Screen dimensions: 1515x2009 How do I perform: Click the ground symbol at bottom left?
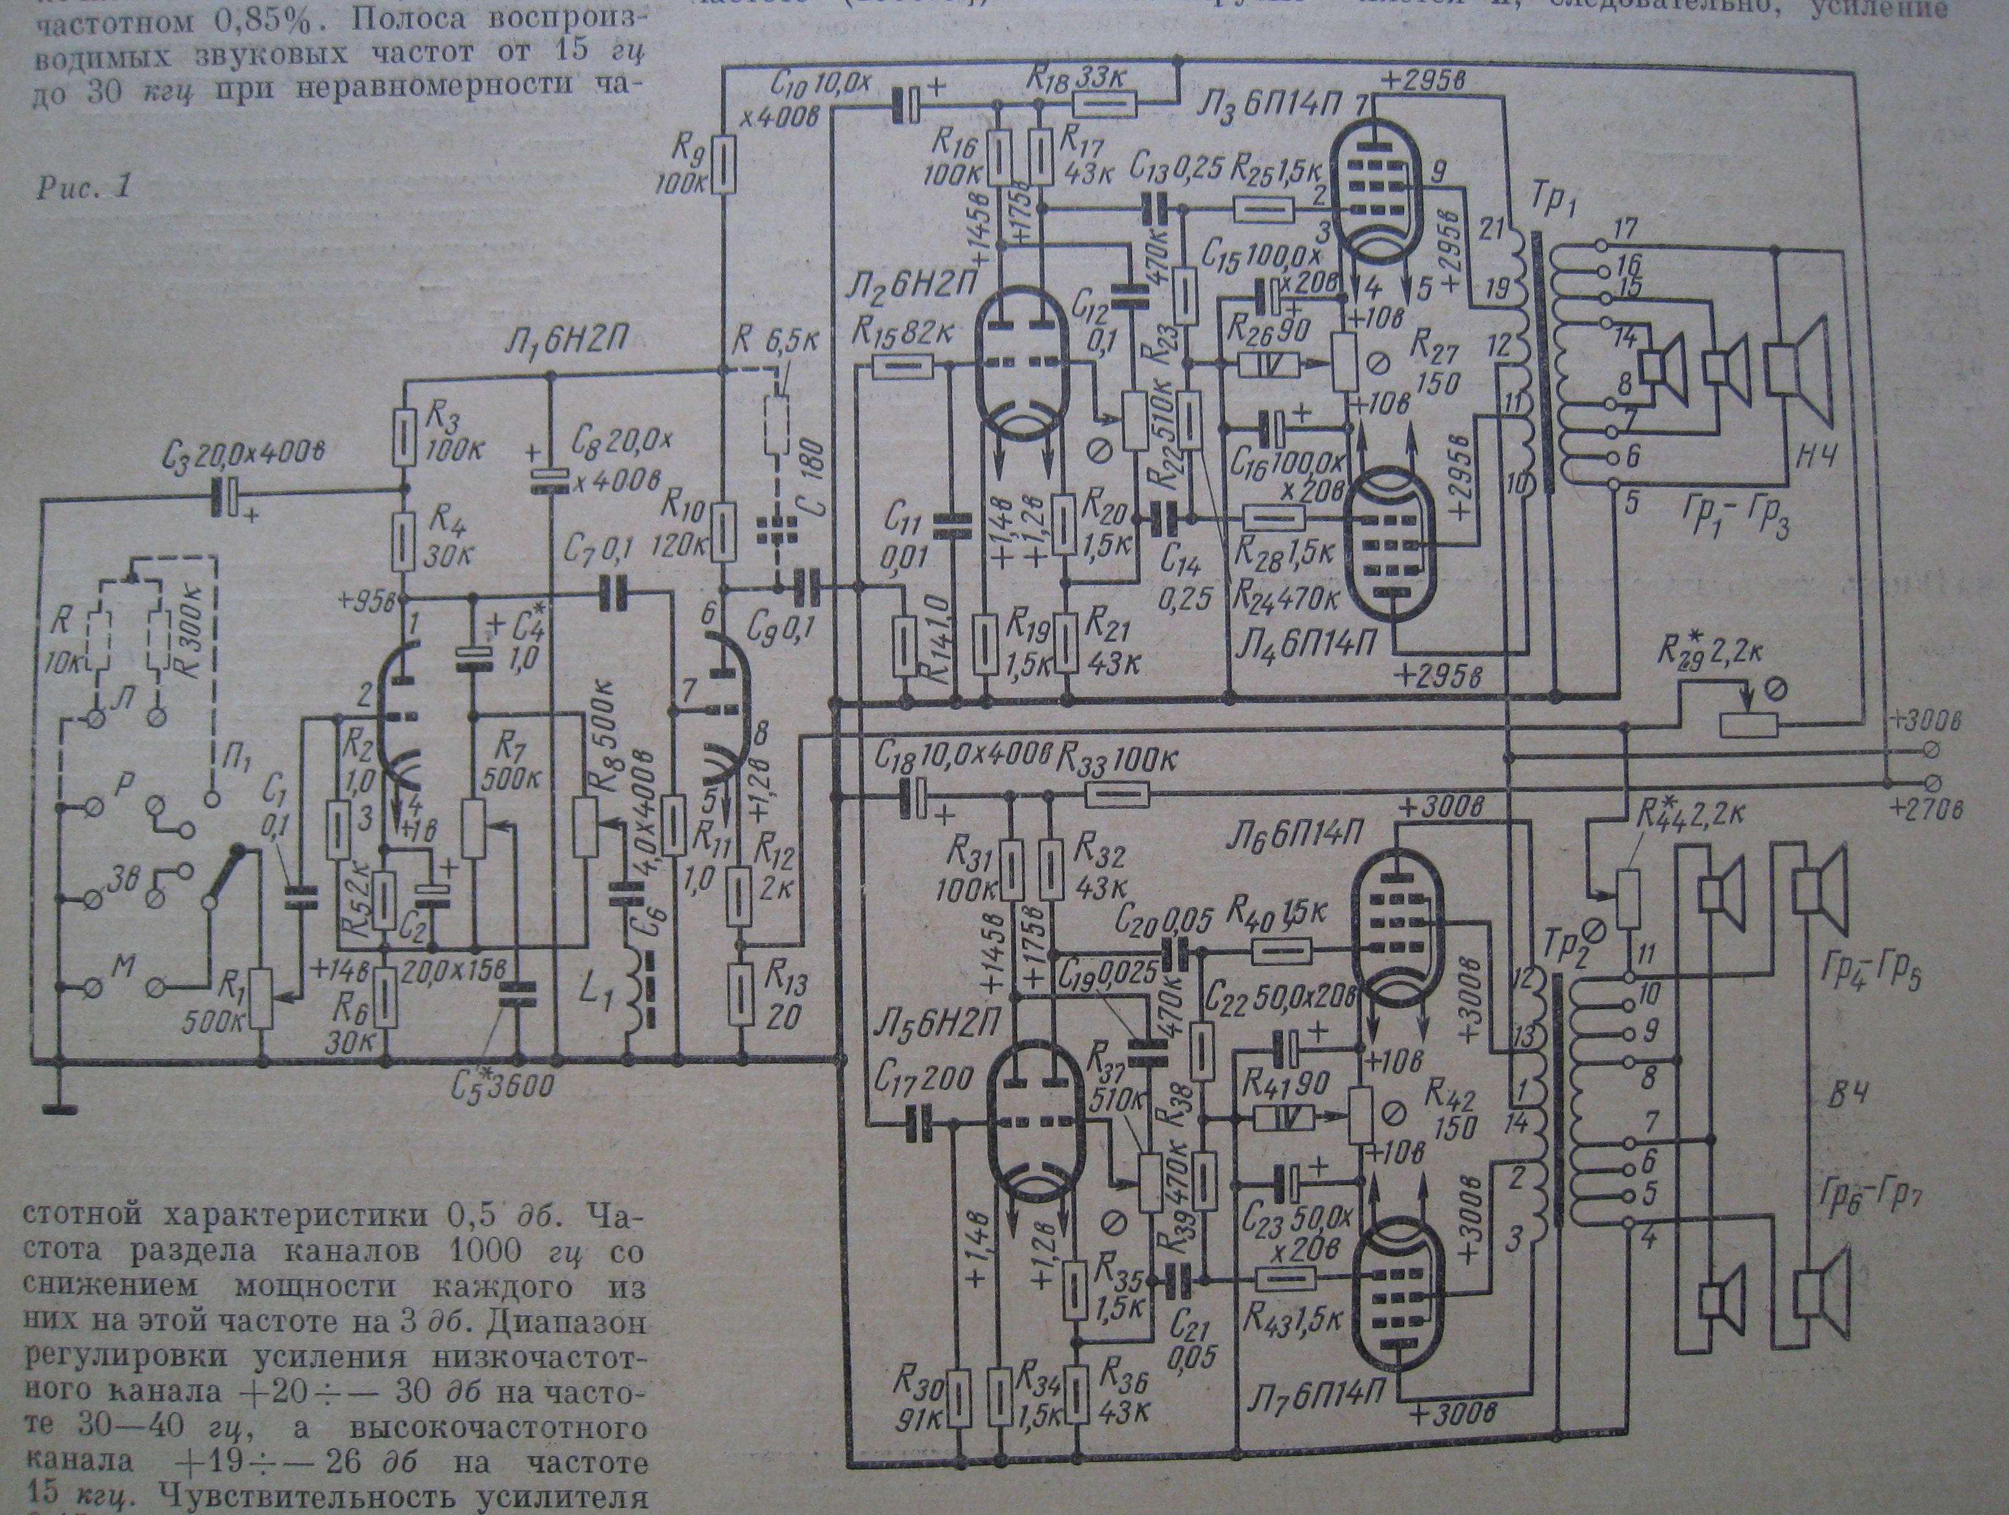55,1105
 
